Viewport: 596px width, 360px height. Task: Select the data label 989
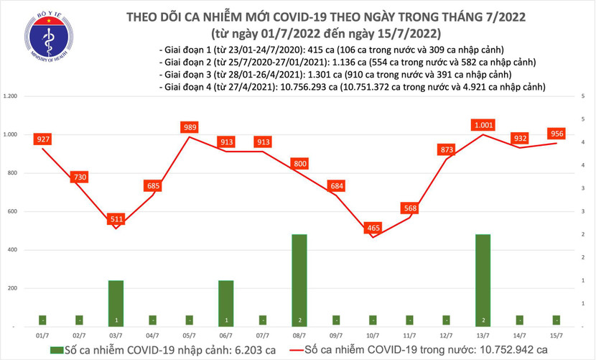pyautogui.click(x=190, y=127)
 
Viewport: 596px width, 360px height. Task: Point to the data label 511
pyautogui.click(x=116, y=218)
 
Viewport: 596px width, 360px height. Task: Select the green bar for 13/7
pyautogui.click(x=483, y=280)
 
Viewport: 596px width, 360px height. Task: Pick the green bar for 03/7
pyautogui.click(x=116, y=303)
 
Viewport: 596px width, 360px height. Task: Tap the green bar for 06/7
pyautogui.click(x=226, y=303)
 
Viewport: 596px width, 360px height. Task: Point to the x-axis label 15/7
pyautogui.click(x=557, y=335)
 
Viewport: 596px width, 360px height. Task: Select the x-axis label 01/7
pyautogui.click(x=42, y=335)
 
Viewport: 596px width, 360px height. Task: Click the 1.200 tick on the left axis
pyautogui.click(x=11, y=96)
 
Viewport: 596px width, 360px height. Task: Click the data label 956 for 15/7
pyautogui.click(x=557, y=134)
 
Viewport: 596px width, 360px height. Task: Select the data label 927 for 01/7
pyautogui.click(x=42, y=137)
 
